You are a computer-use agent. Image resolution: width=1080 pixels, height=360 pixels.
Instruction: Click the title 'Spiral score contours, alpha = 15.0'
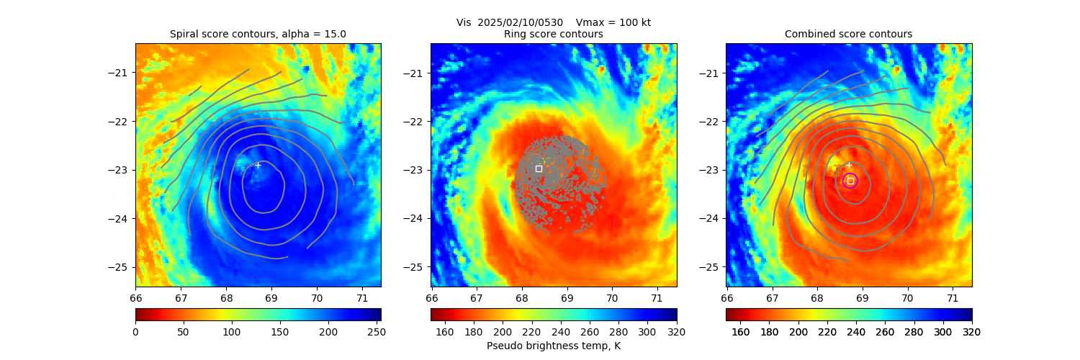coord(258,34)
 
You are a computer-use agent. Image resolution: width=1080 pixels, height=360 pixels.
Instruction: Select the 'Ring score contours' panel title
coord(553,34)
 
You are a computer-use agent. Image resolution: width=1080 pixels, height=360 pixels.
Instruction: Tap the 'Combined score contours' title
coord(848,34)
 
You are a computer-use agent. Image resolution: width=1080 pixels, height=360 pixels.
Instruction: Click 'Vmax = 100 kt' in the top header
coord(613,22)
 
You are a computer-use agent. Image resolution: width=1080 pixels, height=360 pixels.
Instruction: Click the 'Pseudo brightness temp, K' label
coord(553,346)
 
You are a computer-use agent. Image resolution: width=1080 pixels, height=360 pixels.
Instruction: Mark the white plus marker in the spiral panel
coord(258,165)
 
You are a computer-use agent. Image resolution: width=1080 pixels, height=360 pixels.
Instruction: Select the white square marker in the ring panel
coord(539,168)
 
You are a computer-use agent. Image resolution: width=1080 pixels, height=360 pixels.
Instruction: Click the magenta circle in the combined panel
coord(850,181)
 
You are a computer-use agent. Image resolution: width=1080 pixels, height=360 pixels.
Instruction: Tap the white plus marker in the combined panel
coord(849,165)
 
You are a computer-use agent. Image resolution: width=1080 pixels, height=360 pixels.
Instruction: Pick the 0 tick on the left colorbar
coord(135,332)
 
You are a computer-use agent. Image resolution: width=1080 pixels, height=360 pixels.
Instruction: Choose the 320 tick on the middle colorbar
coord(676,332)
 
